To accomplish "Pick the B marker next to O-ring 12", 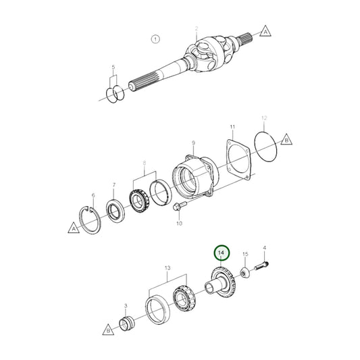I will pyautogui.click(x=286, y=141).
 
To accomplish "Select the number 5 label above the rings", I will pyautogui.click(x=114, y=68).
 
